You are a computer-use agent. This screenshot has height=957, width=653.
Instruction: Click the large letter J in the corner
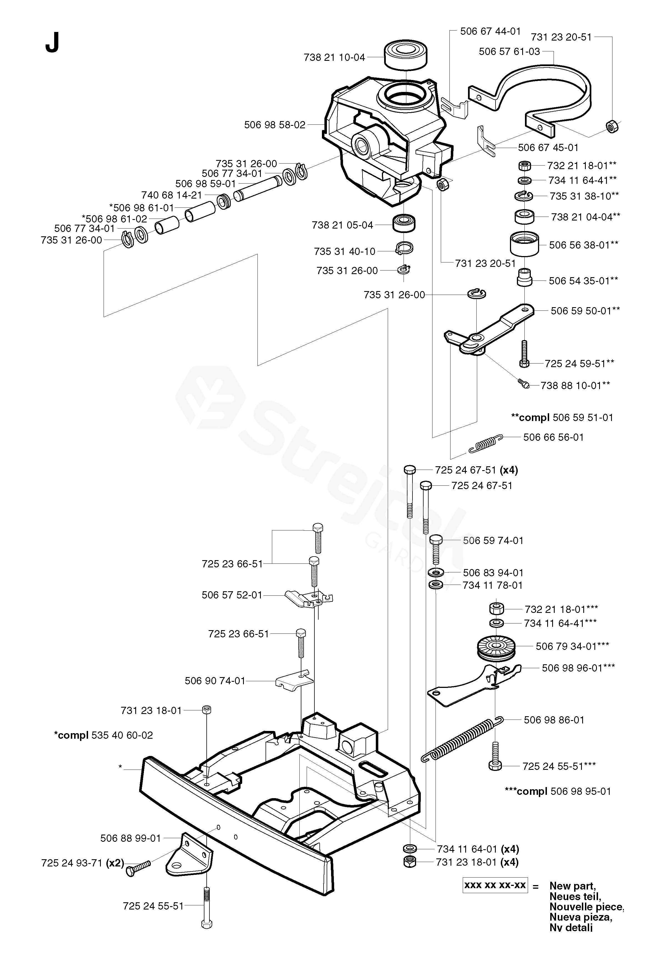52,42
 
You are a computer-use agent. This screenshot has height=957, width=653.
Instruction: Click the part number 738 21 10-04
334,58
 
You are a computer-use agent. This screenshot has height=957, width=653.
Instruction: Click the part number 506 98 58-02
275,125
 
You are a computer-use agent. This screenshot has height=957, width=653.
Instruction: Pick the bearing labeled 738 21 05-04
404,224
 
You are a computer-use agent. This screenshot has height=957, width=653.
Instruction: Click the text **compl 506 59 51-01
562,418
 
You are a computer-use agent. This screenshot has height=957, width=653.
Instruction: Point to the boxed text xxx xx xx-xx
495,885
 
